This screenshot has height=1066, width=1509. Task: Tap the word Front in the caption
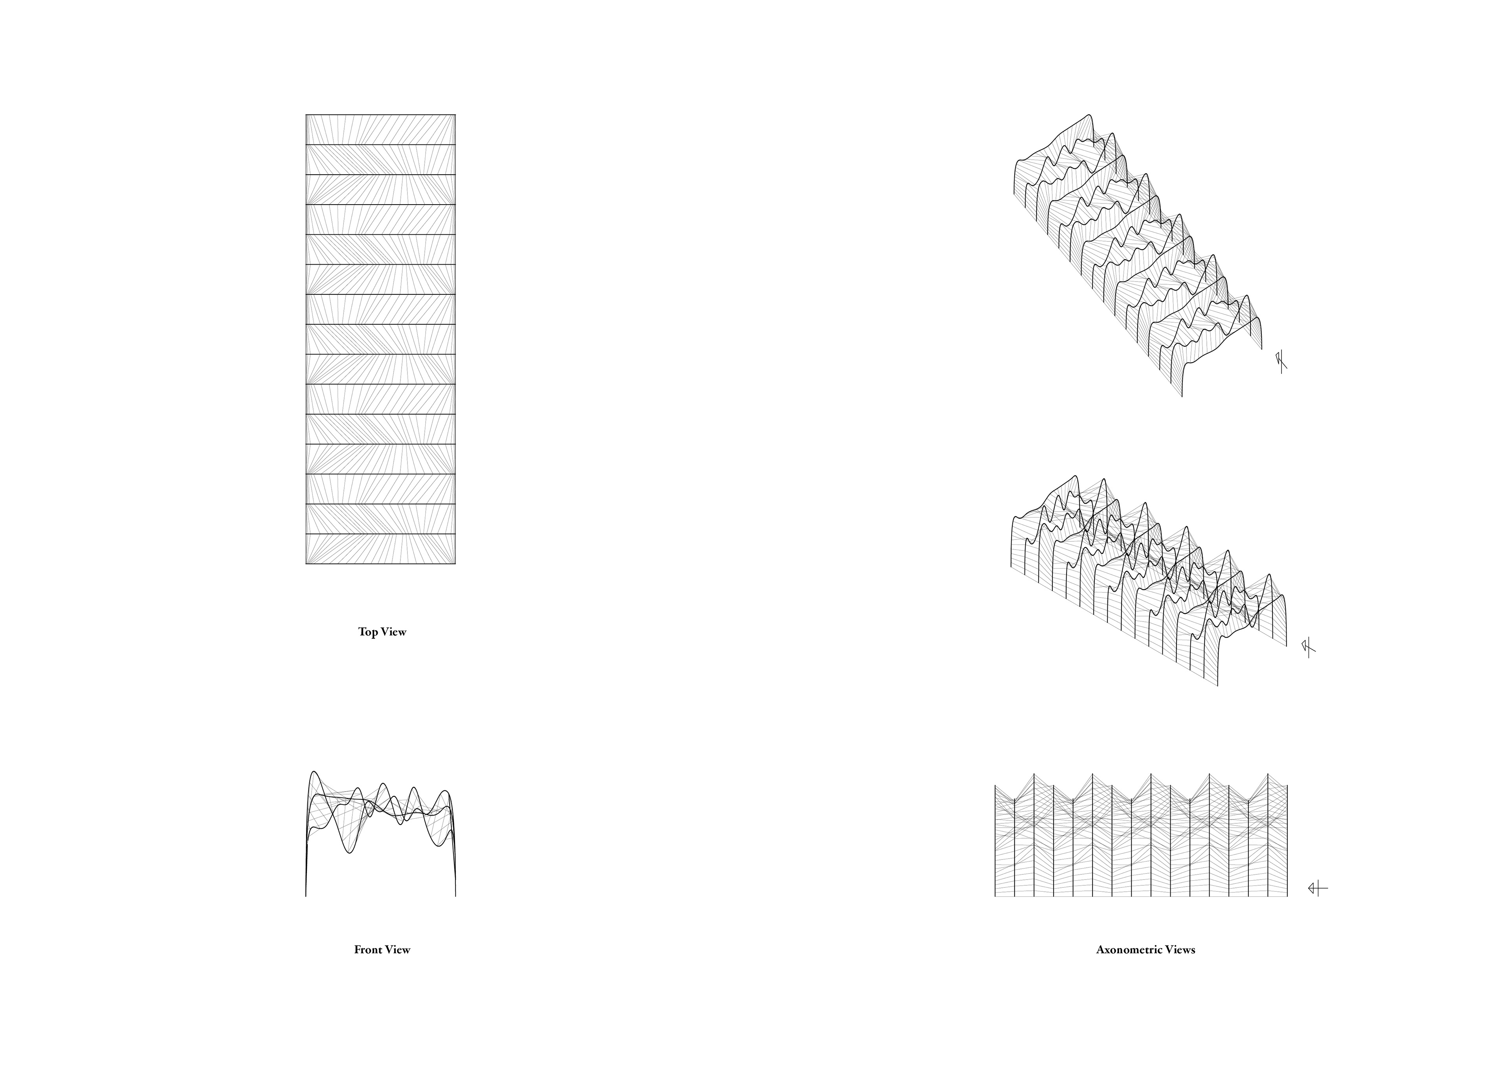click(367, 950)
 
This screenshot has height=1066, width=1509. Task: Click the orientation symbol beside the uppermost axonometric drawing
click(1281, 362)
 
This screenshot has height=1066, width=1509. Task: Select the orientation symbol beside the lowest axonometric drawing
click(1317, 889)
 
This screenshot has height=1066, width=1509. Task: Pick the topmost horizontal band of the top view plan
click(380, 130)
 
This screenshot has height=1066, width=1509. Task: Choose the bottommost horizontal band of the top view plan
click(380, 549)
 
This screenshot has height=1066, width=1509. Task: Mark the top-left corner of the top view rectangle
click(306, 115)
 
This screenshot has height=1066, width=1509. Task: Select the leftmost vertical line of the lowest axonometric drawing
click(995, 841)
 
